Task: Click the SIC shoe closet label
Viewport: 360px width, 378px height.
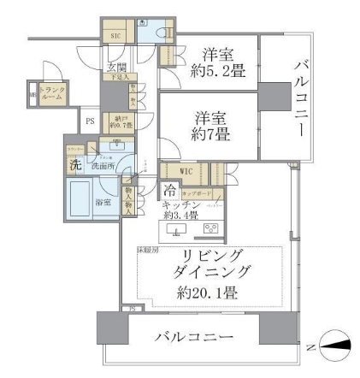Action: click(115, 35)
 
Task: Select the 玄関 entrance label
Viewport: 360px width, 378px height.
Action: click(115, 67)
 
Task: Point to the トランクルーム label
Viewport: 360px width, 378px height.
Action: click(50, 94)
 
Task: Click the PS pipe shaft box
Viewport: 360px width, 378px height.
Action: click(90, 121)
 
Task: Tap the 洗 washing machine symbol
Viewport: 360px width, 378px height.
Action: click(75, 164)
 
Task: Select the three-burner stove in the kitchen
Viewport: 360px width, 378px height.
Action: click(210, 229)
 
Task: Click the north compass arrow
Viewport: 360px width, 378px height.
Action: click(337, 345)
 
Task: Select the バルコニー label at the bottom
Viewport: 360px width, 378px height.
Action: click(193, 337)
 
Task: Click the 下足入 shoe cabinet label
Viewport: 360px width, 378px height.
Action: click(116, 78)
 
